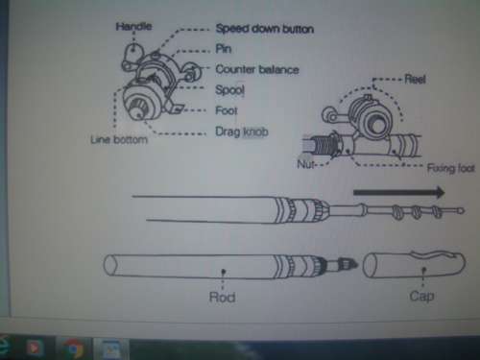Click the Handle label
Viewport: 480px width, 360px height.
coord(133,26)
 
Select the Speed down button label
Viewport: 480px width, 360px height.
coord(265,29)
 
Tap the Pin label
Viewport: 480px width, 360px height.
coord(224,49)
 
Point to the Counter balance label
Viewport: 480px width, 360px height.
coord(257,69)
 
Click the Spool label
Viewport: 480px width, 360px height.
coord(230,90)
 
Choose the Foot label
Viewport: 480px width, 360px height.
coord(227,110)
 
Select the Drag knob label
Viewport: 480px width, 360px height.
coord(242,132)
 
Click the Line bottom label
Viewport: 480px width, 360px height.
coord(119,140)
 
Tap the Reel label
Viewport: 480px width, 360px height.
coord(415,79)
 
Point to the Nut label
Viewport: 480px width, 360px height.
coord(305,164)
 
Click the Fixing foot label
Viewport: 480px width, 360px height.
coord(451,168)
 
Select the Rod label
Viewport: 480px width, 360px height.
coord(222,298)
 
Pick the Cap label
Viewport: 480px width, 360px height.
coord(421,296)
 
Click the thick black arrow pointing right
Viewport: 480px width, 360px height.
coord(399,192)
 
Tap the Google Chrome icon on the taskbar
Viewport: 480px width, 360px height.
coord(73,348)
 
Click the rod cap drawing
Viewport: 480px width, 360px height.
coord(414,265)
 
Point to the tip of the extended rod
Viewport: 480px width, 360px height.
coord(461,210)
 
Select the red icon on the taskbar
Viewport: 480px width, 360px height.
coord(34,348)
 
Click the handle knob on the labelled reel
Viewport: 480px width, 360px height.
coord(132,51)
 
